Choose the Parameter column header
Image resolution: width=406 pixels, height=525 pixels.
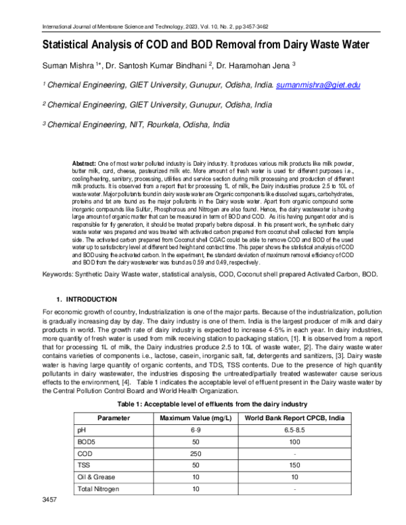coord(113,417)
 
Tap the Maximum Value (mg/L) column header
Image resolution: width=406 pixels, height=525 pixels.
coord(195,417)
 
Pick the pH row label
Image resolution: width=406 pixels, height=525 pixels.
coord(83,430)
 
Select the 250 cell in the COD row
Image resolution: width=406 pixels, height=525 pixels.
coord(195,453)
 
